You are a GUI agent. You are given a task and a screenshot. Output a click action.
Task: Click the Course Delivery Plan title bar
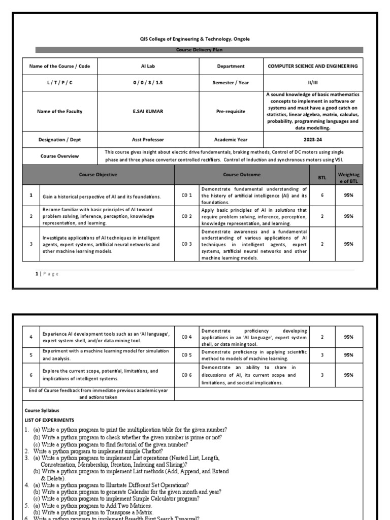(x=199, y=50)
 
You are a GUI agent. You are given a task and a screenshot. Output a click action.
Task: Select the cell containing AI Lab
(x=147, y=66)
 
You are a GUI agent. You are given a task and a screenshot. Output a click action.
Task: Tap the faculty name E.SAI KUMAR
(x=147, y=111)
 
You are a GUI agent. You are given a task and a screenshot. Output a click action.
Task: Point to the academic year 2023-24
(x=312, y=139)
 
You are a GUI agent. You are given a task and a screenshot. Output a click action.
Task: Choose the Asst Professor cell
(x=147, y=139)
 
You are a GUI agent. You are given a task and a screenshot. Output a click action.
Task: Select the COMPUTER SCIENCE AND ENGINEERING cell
(x=312, y=66)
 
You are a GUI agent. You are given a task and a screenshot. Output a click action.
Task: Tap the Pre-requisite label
(x=231, y=111)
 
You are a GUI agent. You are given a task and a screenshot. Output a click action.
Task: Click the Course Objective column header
(x=98, y=174)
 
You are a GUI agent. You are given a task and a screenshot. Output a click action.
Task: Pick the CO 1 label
(x=187, y=196)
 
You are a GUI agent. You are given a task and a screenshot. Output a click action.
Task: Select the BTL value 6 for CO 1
(x=322, y=196)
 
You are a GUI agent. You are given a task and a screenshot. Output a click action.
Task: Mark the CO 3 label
(x=187, y=244)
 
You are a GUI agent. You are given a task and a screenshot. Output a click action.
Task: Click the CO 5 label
(x=187, y=355)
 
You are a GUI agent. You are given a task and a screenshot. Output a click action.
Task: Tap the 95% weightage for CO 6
(x=348, y=375)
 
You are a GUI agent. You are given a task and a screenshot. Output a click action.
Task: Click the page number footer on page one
(x=47, y=274)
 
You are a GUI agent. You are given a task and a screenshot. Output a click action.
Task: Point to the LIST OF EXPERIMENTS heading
(x=49, y=420)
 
